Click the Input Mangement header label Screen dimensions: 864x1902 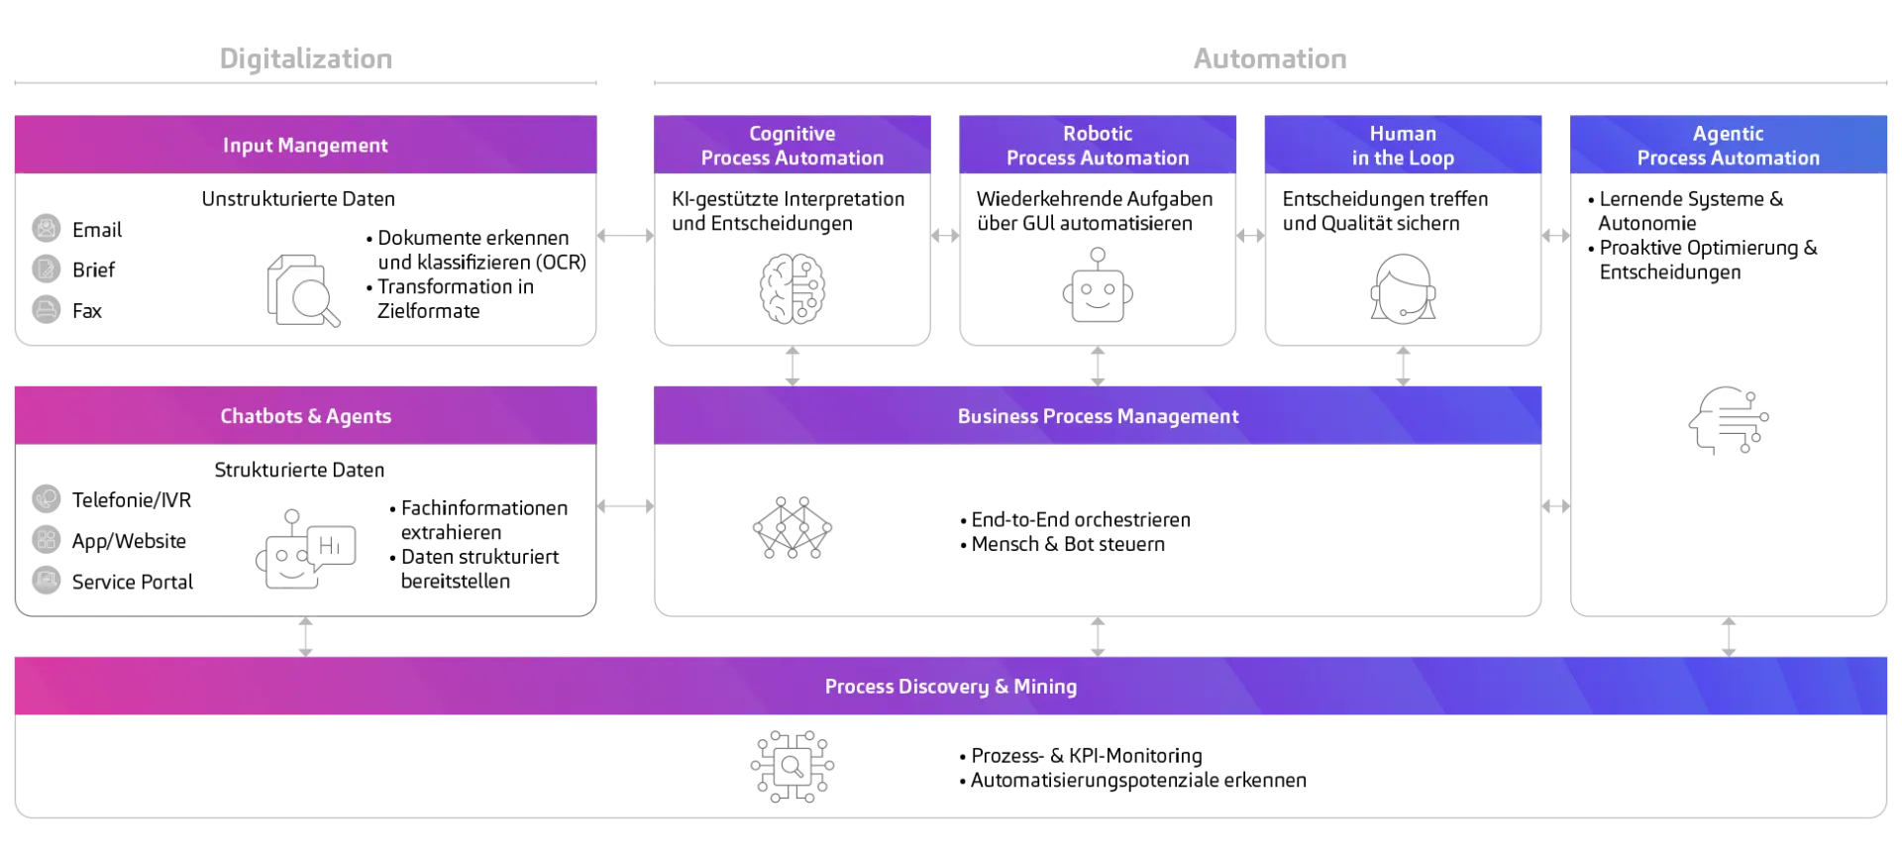coord(305,146)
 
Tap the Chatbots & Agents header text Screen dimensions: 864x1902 coord(305,416)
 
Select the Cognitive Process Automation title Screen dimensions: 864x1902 coord(792,146)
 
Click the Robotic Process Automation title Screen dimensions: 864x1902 coord(1098,146)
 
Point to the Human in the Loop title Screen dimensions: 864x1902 coord(1403,146)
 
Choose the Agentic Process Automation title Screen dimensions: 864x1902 coord(1728,146)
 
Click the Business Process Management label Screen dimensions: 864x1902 coord(1098,416)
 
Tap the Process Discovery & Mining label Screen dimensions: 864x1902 coord(951,687)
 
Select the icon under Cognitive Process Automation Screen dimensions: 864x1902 coord(792,286)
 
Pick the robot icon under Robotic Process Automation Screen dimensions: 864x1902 coord(1100,287)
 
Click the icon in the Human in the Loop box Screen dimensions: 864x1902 coord(1403,287)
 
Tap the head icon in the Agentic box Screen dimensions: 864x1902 coord(1731,421)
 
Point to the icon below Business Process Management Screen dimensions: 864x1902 coord(792,527)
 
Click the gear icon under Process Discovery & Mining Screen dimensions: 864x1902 coord(792,766)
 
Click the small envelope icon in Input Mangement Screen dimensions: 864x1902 coord(47,228)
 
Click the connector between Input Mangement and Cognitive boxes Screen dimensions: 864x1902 coord(626,234)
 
